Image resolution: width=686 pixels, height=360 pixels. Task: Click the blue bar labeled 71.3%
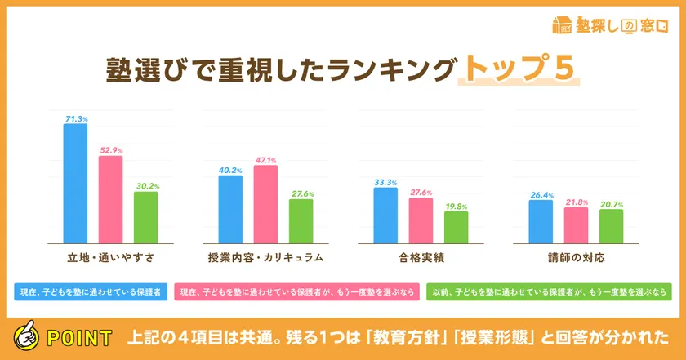point(76,183)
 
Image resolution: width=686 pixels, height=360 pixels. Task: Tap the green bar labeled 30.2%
point(145,216)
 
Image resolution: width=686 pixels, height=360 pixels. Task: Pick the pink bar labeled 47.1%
point(265,203)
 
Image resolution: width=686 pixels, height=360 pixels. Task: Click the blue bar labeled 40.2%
point(230,208)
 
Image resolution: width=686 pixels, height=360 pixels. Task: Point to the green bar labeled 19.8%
point(456,226)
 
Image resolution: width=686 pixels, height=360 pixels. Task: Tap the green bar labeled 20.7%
point(611,225)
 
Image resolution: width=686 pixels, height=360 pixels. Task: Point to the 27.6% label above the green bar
point(301,193)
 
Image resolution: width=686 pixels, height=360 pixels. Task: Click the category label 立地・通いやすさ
point(110,257)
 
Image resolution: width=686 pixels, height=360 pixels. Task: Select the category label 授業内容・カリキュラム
point(265,257)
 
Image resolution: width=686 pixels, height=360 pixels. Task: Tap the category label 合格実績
point(421,257)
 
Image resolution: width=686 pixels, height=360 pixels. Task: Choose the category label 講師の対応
point(576,257)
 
